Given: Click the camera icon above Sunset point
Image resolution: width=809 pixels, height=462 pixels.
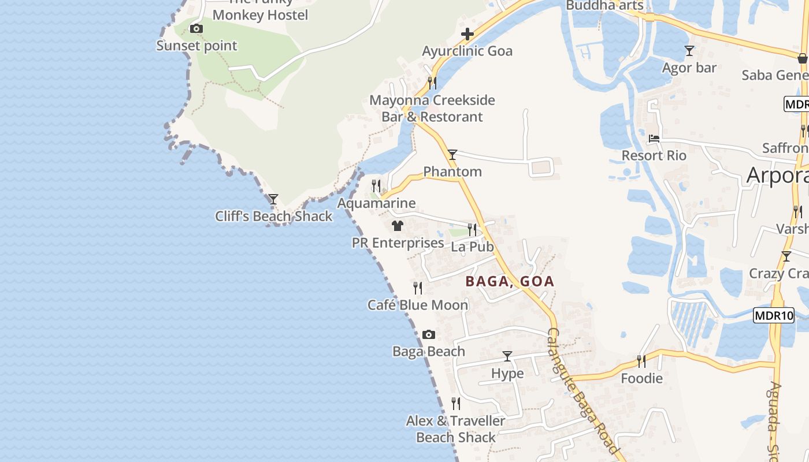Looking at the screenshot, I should pos(196,28).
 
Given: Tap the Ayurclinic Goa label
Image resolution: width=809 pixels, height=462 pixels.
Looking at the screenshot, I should pos(467,51).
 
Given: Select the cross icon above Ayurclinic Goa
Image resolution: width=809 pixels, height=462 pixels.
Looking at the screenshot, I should pos(467,35).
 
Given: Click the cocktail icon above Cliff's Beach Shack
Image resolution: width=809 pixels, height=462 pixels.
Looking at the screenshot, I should pos(273,199).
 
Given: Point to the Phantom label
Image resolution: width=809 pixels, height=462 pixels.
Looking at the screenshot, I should pos(452,172).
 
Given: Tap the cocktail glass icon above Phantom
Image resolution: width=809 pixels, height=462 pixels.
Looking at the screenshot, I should pos(452,155).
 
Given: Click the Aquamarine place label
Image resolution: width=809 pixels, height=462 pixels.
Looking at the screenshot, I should pos(376,203).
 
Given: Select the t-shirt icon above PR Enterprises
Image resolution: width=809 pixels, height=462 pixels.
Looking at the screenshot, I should pos(398,226).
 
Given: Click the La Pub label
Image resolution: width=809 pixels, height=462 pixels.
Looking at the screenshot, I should pos(472,247).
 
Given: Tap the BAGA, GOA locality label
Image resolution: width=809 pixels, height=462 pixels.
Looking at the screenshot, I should pos(510,282).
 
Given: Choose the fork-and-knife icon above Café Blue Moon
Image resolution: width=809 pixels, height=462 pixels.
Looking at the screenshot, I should pos(418,288).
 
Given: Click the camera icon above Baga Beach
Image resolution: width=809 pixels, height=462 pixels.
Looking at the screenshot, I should pos(429,334).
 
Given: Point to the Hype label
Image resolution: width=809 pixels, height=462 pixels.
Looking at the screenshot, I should pos(507,374).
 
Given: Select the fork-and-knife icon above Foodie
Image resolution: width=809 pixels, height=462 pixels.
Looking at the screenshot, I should pos(641,362).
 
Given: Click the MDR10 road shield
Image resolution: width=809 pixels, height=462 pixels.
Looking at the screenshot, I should pos(774,315).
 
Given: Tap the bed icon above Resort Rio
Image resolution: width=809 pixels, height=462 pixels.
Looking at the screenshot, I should pos(654,139).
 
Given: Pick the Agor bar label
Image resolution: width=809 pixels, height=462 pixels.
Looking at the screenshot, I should pos(689,68).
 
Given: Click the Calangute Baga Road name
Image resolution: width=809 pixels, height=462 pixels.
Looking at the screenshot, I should pos(583,391).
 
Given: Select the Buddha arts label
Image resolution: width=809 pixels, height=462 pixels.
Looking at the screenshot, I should pos(604,5).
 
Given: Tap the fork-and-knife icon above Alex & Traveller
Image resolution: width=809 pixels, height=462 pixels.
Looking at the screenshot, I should pos(456,403).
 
